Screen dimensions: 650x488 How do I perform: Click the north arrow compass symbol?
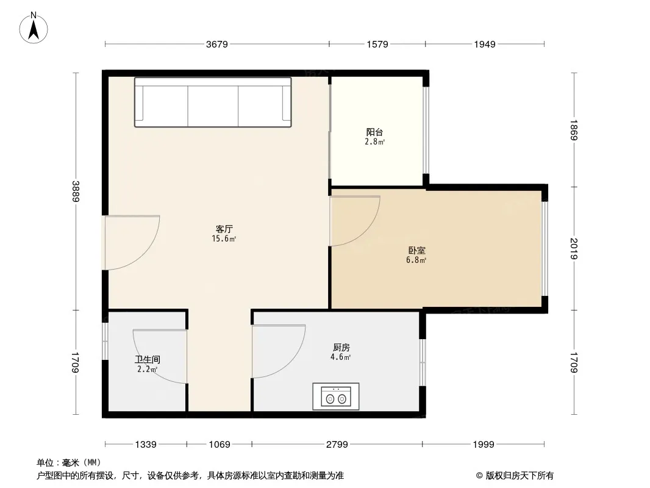[x=34, y=28]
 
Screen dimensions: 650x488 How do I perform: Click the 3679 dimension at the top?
[x=217, y=45]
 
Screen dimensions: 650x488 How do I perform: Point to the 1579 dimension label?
[x=377, y=45]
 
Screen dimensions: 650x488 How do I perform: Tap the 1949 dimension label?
[x=485, y=45]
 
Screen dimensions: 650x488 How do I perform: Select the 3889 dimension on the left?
[x=76, y=191]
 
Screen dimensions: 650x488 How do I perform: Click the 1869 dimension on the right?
[x=574, y=130]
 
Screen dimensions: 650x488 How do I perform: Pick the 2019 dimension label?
[x=574, y=248]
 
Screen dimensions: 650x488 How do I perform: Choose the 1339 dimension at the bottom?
[x=146, y=445]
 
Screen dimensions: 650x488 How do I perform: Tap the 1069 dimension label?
[x=220, y=445]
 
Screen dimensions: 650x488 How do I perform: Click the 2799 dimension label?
[x=337, y=445]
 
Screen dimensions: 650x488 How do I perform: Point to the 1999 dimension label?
[x=484, y=445]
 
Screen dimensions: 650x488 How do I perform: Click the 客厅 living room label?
[x=224, y=229]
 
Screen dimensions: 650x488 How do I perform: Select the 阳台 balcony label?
[x=374, y=132]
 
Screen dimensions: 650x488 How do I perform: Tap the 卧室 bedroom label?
[x=416, y=251]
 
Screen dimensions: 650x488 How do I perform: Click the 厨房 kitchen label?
[x=341, y=348]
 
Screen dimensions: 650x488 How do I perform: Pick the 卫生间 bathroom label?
[x=147, y=360]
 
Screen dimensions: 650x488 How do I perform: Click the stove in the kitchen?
[x=336, y=396]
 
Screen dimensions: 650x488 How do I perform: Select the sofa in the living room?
[x=213, y=102]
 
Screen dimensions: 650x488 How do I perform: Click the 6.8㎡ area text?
[x=416, y=260]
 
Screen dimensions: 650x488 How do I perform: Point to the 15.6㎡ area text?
[x=224, y=239]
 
